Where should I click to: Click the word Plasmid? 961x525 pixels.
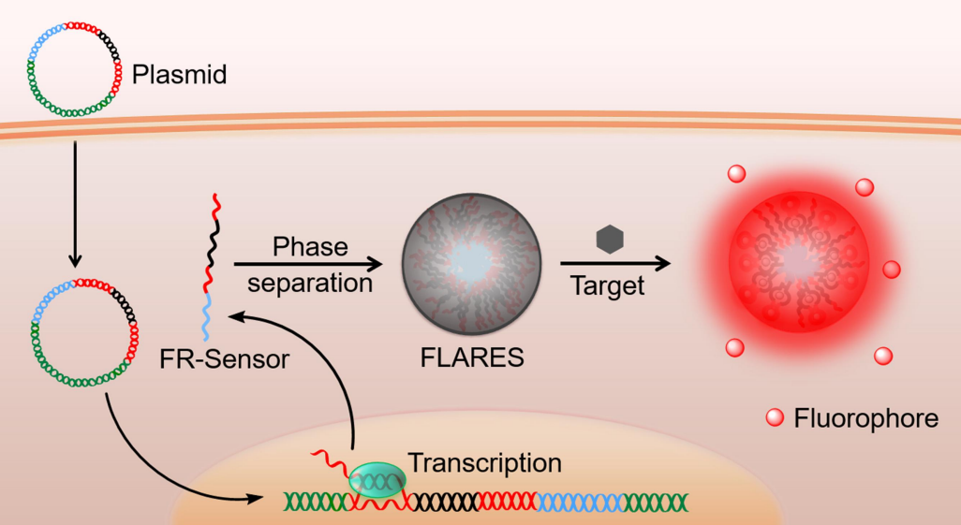(180, 75)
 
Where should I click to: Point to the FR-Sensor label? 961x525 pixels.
(225, 359)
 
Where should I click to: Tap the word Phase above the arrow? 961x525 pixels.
(310, 247)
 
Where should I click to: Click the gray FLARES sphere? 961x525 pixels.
(472, 264)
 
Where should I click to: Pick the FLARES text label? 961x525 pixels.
(472, 359)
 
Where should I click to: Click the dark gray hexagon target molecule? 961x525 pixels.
(610, 240)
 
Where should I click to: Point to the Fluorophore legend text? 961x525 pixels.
(865, 418)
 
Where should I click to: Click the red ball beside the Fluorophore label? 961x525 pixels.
(775, 418)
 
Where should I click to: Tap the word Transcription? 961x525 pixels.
(484, 462)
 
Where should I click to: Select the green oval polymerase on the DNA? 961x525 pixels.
(377, 479)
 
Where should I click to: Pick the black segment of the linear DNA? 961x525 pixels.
(444, 502)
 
